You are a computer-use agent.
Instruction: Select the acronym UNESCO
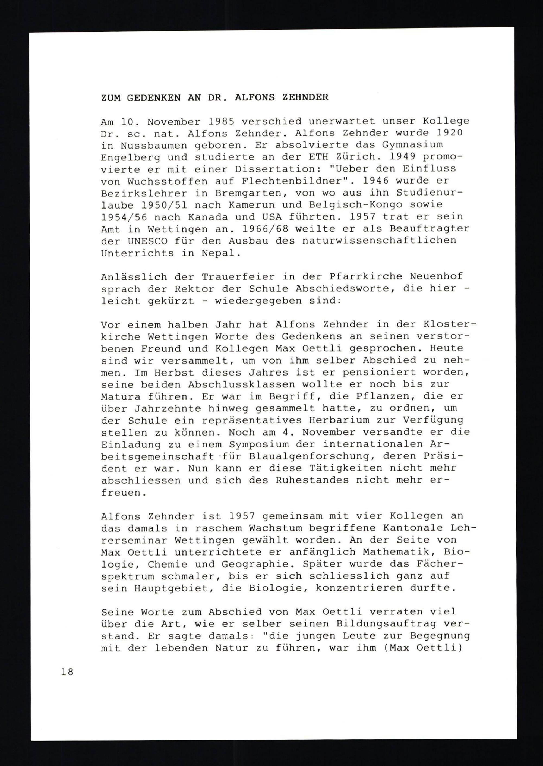click(x=147, y=241)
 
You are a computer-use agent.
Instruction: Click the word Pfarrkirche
click(x=352, y=277)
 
